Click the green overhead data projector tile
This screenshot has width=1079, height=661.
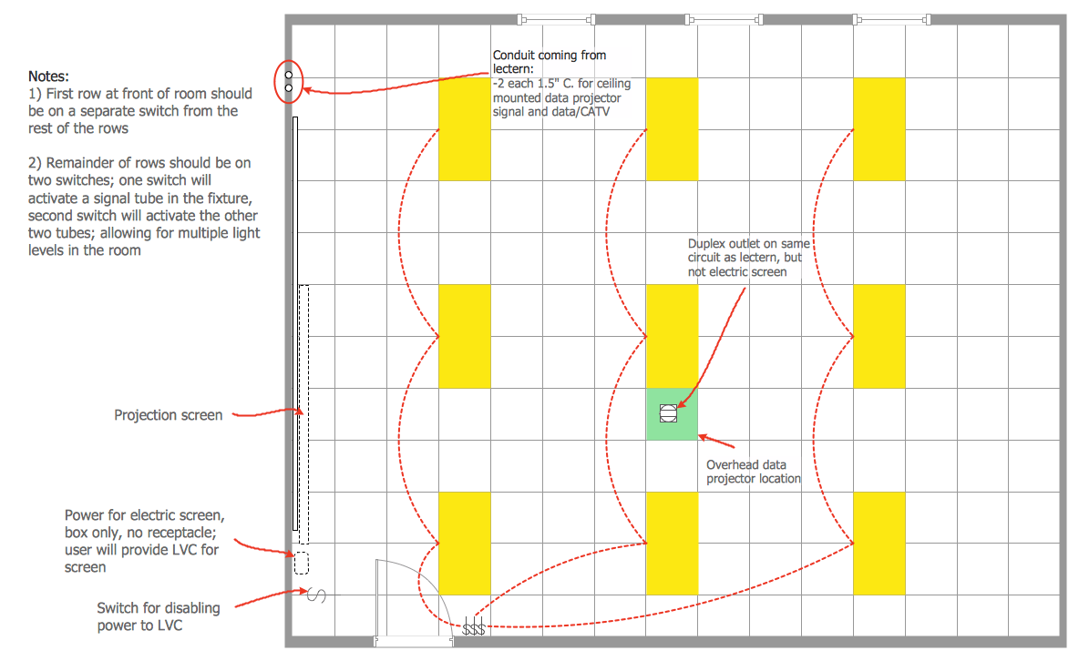[x=672, y=414]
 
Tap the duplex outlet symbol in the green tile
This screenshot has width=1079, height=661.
[x=668, y=413]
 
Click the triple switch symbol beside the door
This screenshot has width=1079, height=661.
[x=474, y=628]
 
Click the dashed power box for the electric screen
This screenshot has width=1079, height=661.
[x=302, y=564]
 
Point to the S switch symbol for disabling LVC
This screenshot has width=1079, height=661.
[x=316, y=595]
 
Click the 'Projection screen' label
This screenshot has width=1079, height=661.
[x=168, y=415]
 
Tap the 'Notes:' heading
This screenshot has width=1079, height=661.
[x=48, y=76]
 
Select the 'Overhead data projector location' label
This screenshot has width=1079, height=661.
[x=754, y=472]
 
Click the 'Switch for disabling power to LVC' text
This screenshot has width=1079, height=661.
[x=159, y=616]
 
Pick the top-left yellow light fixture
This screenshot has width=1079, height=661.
[x=465, y=129]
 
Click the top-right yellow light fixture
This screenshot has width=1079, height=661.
[x=879, y=129]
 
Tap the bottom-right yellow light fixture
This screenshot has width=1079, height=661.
[x=879, y=544]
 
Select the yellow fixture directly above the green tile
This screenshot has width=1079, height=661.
[x=672, y=336]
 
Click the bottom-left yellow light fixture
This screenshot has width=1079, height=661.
[x=465, y=544]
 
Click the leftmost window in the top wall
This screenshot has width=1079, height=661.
[x=556, y=20]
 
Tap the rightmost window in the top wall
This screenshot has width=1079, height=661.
[x=892, y=20]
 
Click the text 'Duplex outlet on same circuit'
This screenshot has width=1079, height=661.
[x=749, y=250]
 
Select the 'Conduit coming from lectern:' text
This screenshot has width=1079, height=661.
[x=550, y=62]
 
